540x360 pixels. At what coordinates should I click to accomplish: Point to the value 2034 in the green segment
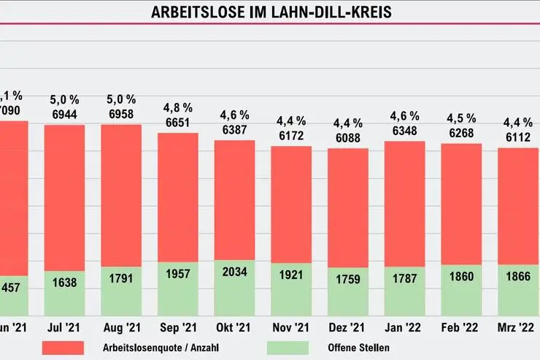(234, 272)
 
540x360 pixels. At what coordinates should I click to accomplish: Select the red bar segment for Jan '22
(404, 204)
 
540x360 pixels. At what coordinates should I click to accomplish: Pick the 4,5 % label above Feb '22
(461, 119)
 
